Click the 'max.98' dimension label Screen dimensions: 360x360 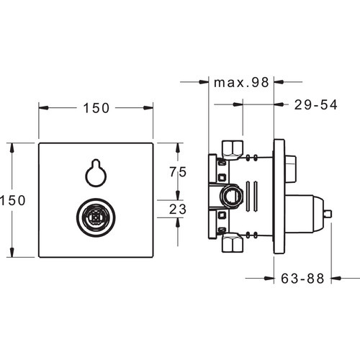point(241,83)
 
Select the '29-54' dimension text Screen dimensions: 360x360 point(316,105)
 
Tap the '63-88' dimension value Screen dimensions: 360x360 point(302,279)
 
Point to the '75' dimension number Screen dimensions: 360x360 point(178,172)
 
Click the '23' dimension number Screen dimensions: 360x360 point(178,209)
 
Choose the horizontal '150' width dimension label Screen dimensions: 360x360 point(96,108)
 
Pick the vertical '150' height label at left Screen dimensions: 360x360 point(13,200)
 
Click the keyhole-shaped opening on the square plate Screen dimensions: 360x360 point(96,173)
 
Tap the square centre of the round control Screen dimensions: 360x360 point(96,217)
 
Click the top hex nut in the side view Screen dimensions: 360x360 point(233,150)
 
